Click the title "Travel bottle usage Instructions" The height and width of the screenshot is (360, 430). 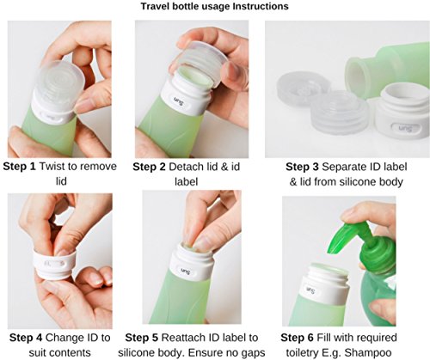[214, 6]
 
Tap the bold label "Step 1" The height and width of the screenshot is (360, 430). [20, 167]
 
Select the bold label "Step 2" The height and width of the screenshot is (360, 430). [149, 167]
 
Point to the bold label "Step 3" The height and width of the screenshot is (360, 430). [302, 167]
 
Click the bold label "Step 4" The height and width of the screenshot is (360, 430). [26, 338]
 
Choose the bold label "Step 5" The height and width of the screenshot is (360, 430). [142, 338]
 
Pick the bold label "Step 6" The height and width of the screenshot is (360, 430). [298, 338]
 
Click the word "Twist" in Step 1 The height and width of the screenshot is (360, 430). [51, 167]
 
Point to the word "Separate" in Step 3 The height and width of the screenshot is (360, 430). [341, 168]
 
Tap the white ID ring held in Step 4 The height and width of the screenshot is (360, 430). [55, 265]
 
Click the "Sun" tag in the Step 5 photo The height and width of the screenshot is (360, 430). [186, 272]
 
